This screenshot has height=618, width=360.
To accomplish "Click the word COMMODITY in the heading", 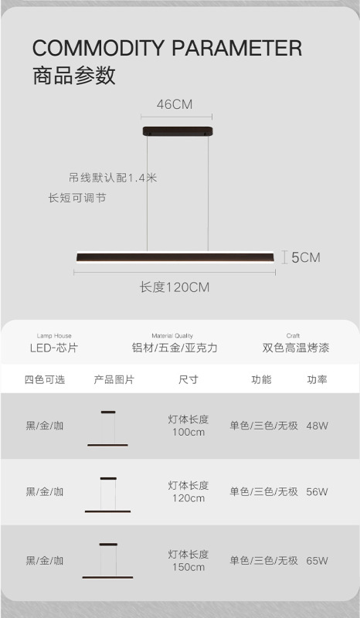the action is coord(98,49).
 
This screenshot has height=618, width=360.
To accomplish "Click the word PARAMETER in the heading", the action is coord(237,49).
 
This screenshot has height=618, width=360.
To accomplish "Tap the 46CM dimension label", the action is coord(175,104).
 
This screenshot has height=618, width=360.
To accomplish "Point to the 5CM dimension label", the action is coord(306,257).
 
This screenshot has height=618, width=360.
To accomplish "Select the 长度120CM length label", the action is coord(175,287).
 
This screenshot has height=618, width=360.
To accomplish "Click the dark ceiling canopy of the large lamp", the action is coord(178,131).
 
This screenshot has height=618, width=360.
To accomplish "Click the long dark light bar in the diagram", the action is coord(175,257).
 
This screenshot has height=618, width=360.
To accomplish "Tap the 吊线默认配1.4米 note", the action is coord(113,178).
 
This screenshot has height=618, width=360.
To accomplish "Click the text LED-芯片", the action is coord(54,348).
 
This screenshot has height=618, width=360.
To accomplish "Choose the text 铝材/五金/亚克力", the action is coord(175,348).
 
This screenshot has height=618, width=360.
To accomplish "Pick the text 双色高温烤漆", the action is coord(296,348).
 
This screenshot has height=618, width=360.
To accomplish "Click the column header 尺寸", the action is coord(188,379).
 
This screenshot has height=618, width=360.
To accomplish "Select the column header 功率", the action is coord(317,379).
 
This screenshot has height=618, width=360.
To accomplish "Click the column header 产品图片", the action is coord(114,379).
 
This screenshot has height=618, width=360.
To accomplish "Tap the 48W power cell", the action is coord(317,426).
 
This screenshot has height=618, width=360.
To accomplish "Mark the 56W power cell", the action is coord(317,491).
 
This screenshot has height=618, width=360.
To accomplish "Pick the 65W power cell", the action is coord(317,561).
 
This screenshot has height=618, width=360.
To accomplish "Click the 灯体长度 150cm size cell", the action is coord(188,561).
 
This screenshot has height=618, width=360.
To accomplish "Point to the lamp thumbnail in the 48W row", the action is coord(107,429).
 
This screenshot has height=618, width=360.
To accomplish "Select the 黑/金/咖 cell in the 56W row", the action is coord(45,491).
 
